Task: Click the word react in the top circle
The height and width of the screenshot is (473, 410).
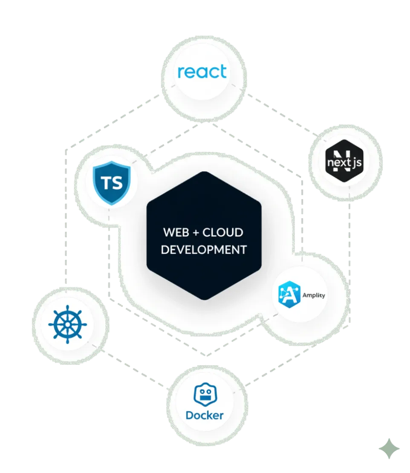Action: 202,72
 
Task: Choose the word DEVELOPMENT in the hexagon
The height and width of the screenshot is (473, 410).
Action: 203,249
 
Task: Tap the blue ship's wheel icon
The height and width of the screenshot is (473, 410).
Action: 67,324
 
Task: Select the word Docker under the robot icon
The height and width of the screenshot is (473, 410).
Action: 204,415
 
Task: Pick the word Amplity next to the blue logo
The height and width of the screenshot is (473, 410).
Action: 313,295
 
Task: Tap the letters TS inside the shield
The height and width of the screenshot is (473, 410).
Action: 112,183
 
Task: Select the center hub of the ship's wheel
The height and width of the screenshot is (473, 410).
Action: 67,324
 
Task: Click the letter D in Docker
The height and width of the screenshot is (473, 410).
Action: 190,415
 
